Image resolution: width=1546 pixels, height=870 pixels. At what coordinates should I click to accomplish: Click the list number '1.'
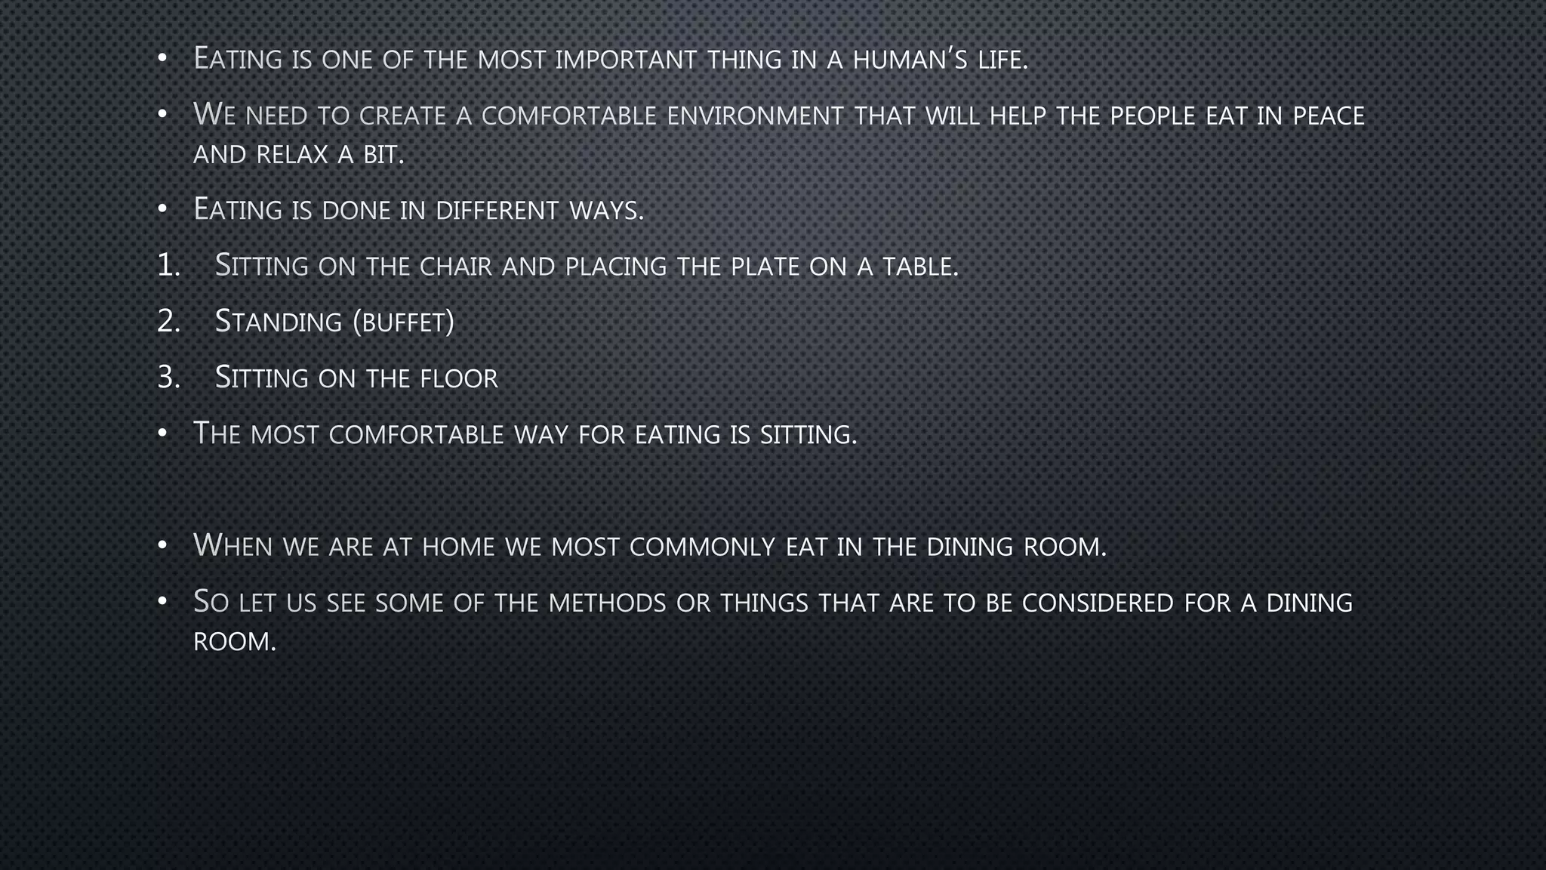(169, 266)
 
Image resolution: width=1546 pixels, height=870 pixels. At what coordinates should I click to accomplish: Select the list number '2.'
(169, 322)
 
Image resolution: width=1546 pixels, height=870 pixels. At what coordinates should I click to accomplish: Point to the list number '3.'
(169, 378)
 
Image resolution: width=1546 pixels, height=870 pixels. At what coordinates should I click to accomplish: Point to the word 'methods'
(607, 603)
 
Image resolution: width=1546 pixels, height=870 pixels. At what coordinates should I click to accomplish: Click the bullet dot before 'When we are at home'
(162, 545)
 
